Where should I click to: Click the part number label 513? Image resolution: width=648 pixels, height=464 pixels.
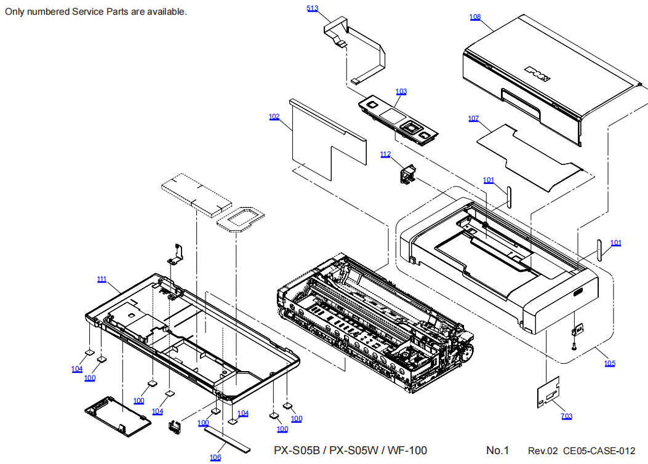point(313,8)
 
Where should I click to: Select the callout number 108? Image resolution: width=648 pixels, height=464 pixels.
point(475,17)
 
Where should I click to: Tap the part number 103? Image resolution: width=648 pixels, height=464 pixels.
point(401,92)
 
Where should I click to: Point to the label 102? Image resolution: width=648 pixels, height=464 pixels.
point(274,116)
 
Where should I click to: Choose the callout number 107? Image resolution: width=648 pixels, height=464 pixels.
point(473,118)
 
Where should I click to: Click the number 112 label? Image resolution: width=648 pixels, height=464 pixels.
point(385,154)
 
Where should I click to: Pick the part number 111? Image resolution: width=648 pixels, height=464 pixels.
point(102,279)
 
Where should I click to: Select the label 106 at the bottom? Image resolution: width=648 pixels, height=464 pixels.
point(215,457)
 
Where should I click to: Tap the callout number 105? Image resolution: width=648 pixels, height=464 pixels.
point(609,363)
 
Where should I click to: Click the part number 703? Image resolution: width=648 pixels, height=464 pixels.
point(566,417)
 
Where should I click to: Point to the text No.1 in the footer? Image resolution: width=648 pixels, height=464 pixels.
point(497,450)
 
